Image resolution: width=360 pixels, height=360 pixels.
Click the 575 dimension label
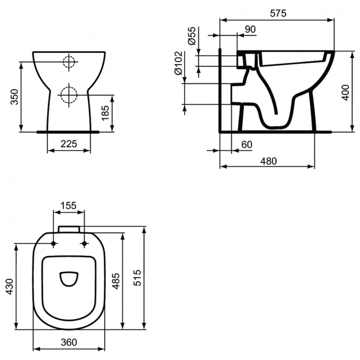(x=277, y=13)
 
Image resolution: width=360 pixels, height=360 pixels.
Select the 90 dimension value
(x=250, y=29)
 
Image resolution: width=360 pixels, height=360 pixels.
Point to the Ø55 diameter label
(x=192, y=36)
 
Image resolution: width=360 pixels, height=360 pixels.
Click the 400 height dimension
(x=345, y=91)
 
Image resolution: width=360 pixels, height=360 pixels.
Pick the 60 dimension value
(x=247, y=144)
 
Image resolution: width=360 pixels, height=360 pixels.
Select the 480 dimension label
(x=268, y=161)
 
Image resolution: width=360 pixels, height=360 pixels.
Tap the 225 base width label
(x=69, y=144)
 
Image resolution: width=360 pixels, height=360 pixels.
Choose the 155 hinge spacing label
(x=68, y=205)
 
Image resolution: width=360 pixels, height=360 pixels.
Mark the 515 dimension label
(x=138, y=278)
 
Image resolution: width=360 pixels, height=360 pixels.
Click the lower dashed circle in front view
(x=69, y=94)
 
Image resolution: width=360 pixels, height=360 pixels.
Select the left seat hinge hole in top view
(x=53, y=244)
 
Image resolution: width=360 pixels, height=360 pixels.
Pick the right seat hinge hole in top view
(x=84, y=244)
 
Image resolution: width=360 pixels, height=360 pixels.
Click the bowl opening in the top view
(x=69, y=278)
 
